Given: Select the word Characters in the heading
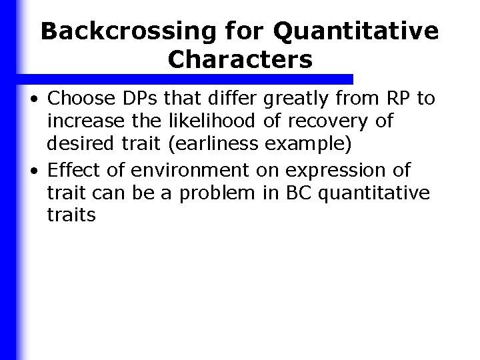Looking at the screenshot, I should tap(240, 60).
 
